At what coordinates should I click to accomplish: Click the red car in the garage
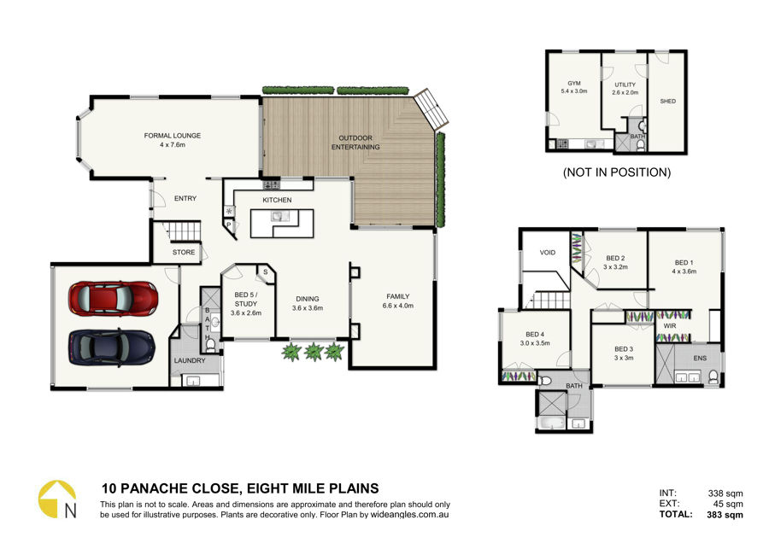point(114,298)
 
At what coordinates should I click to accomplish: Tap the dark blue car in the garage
point(112,347)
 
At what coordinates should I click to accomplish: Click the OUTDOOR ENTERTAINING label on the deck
point(355,142)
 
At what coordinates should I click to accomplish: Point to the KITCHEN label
point(277,200)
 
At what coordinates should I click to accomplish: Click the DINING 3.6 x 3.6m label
point(308,303)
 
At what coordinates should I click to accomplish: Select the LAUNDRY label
point(190,360)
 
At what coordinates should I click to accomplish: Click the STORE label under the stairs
point(184,252)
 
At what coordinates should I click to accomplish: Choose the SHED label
point(668,101)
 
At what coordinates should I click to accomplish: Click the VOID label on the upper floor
point(548,253)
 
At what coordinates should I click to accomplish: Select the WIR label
point(670,325)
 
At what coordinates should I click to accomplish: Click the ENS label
point(700,358)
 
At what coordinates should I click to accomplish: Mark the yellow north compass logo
point(58,499)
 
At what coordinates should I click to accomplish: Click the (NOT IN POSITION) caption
point(616,172)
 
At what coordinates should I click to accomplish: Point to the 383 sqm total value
point(725,515)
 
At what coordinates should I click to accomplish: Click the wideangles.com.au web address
point(409,515)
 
